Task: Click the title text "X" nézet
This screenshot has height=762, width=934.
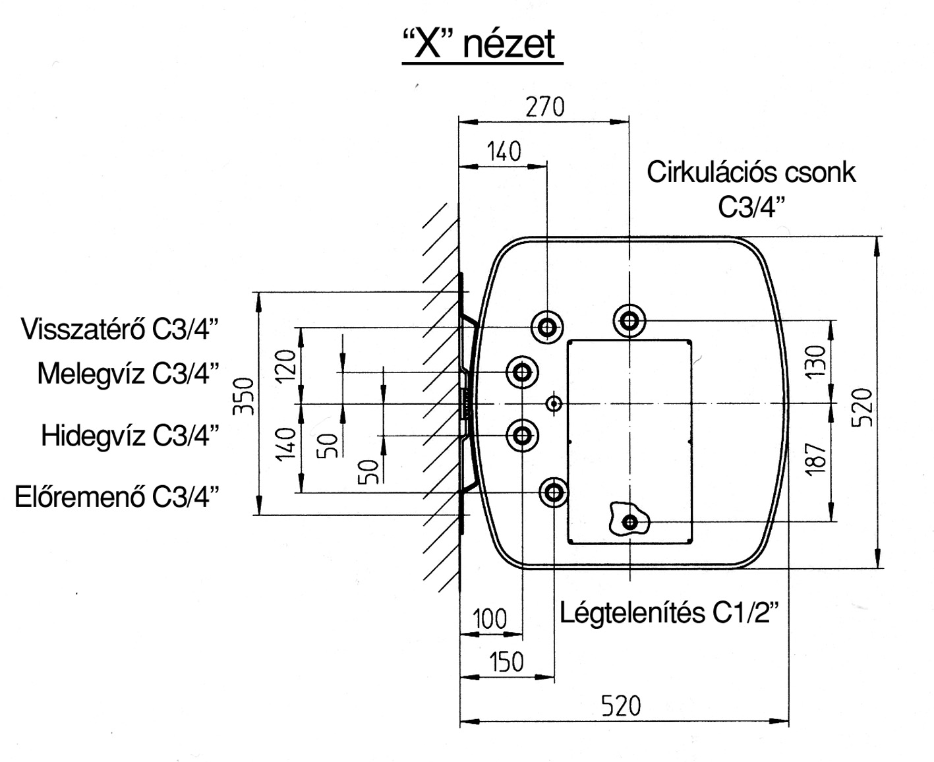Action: coord(482,45)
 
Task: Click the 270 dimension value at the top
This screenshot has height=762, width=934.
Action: coord(544,107)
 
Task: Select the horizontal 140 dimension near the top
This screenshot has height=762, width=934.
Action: coord(504,152)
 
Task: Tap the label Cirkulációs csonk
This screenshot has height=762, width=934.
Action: coord(751,172)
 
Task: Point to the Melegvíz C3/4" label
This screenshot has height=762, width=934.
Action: coord(128,373)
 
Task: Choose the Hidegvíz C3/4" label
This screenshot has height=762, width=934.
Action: coord(130,436)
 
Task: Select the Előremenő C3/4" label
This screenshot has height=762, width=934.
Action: coord(116,496)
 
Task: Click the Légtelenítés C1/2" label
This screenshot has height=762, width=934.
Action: coord(669,613)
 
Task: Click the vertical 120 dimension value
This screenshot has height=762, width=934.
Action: coord(286,367)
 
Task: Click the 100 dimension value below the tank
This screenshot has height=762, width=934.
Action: coord(490,620)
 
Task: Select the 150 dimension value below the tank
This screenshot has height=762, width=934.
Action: coord(506,661)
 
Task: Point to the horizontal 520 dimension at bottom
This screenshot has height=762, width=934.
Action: coord(621,707)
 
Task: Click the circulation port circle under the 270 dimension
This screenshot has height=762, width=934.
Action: coord(629,321)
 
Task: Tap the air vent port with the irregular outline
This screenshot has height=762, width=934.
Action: coord(630,522)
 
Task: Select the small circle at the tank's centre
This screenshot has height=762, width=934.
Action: coord(554,403)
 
